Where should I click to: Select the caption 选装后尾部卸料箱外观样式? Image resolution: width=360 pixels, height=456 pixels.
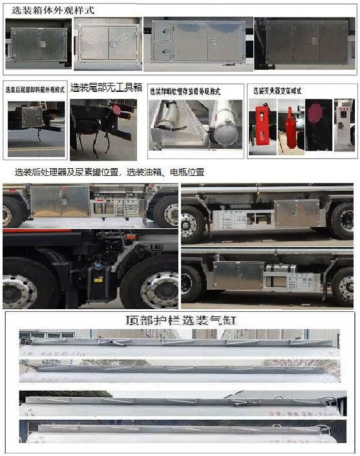(35, 90)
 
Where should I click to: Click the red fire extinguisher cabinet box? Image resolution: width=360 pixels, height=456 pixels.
(262, 126)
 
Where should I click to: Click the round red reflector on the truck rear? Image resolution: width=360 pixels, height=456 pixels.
(116, 111)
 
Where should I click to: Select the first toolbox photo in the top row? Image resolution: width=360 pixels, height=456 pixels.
(37, 43)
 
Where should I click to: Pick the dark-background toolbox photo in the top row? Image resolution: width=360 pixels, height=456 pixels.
(303, 43)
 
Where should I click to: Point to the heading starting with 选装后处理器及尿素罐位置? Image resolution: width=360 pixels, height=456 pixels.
(109, 172)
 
